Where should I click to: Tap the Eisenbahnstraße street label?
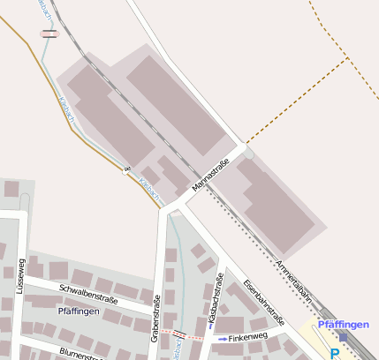[x=262, y=305]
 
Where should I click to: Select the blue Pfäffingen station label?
[x=343, y=324]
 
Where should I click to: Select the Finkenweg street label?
[x=247, y=338]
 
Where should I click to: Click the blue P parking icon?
[x=335, y=353]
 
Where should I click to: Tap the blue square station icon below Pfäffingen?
[x=343, y=336]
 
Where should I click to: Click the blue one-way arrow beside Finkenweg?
[x=221, y=338]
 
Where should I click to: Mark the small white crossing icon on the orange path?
[x=126, y=169]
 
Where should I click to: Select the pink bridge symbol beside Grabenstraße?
[x=180, y=334]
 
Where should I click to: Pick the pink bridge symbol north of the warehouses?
[x=49, y=34]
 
